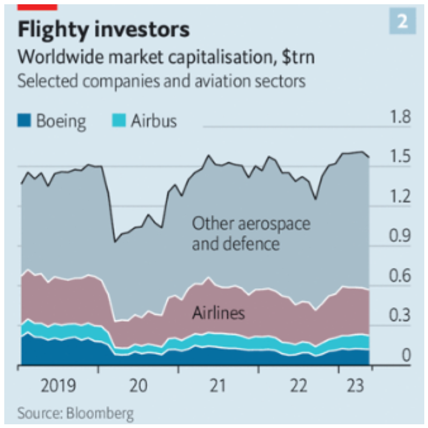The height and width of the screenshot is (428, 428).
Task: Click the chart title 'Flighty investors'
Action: click(103, 29)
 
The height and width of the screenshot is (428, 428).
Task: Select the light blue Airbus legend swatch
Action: click(118, 121)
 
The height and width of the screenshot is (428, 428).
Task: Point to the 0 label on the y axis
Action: click(406, 356)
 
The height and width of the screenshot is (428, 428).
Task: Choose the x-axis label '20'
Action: click(138, 385)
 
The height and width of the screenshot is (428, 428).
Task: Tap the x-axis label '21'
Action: click(217, 385)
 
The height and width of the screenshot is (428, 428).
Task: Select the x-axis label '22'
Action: click(297, 385)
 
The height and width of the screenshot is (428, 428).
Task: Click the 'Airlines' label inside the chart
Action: click(218, 313)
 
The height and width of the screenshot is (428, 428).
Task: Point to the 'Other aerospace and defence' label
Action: click(251, 234)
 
